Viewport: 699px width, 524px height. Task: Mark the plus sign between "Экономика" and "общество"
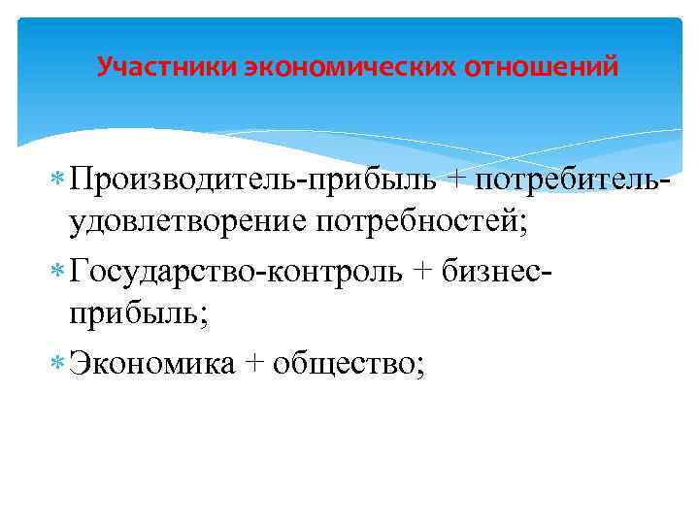click(254, 365)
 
